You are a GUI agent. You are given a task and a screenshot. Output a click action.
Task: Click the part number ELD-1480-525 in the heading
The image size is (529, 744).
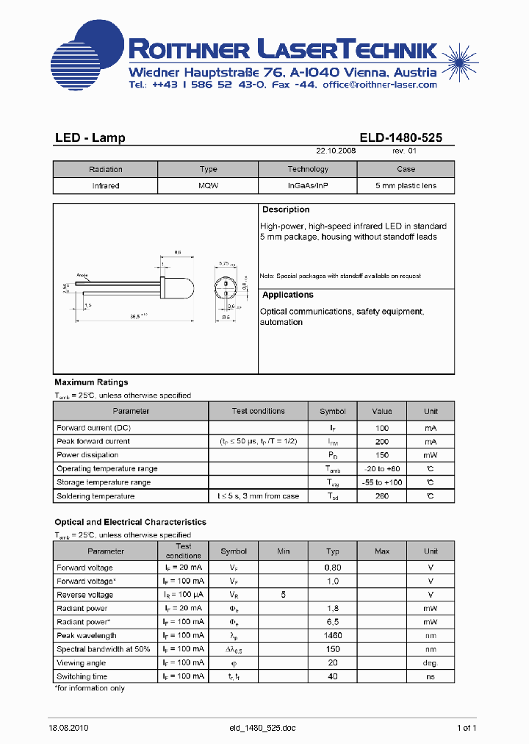tap(400, 137)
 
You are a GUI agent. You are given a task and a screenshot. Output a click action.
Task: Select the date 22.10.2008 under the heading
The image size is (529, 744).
tap(336, 150)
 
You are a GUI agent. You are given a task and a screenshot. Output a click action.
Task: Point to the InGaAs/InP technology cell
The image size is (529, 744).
tap(308, 186)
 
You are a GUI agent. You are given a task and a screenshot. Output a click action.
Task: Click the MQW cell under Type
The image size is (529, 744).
tap(208, 186)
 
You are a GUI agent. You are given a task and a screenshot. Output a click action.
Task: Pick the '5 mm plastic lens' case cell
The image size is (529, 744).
tap(406, 186)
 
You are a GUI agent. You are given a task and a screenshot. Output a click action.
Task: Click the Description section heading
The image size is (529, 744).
tap(286, 210)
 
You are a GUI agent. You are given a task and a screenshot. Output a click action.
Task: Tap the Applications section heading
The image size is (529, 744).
tap(288, 295)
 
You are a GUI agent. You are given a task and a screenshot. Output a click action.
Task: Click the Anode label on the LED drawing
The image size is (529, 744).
tap(82, 275)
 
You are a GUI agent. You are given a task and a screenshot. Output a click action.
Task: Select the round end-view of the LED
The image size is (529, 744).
tap(226, 288)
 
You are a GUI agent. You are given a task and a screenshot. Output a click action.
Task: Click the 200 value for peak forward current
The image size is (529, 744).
tap(382, 441)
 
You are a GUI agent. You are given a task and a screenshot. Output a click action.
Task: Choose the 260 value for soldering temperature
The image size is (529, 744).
tap(382, 496)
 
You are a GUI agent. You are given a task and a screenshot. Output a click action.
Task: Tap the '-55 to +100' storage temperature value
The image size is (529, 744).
tap(382, 482)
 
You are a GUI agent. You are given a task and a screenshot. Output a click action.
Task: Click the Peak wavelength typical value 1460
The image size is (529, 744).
tap(333, 635)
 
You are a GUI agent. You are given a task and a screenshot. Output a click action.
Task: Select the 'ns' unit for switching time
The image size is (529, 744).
tap(431, 676)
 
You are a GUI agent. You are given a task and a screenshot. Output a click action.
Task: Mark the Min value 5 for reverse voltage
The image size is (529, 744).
tap(284, 595)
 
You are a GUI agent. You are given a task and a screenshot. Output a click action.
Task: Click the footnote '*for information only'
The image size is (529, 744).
tap(90, 688)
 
